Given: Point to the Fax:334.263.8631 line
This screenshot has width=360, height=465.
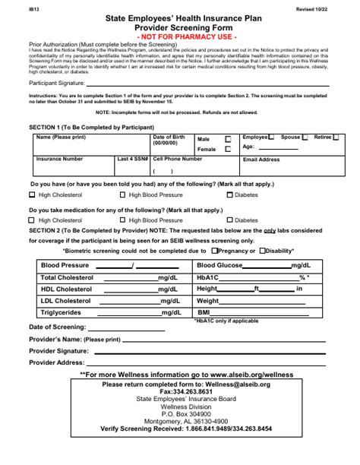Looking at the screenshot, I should click(179, 392).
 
